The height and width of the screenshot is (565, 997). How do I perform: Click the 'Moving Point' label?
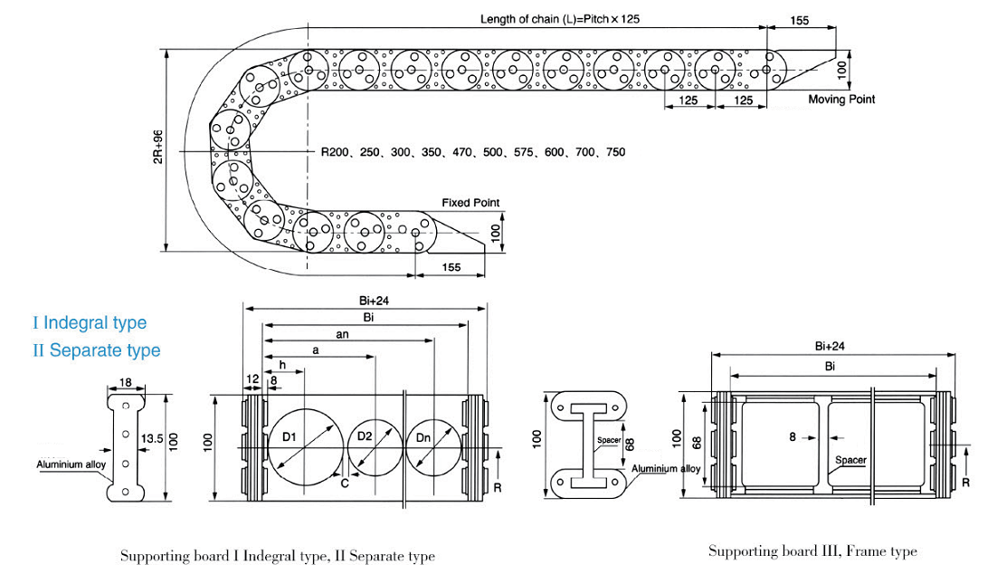tap(841, 100)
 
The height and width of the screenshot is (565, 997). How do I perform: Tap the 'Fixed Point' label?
tap(470, 203)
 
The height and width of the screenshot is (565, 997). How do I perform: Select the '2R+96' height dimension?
tap(158, 147)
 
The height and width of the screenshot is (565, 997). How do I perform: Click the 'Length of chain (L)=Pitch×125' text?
tap(559, 19)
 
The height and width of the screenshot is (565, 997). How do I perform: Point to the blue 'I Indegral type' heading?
tap(90, 322)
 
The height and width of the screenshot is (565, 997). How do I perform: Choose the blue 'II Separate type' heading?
tap(97, 350)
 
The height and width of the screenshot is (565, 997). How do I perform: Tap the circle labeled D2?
tap(375, 447)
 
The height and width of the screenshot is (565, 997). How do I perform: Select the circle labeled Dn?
tap(433, 447)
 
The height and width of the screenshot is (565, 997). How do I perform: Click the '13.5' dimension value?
tap(152, 439)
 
